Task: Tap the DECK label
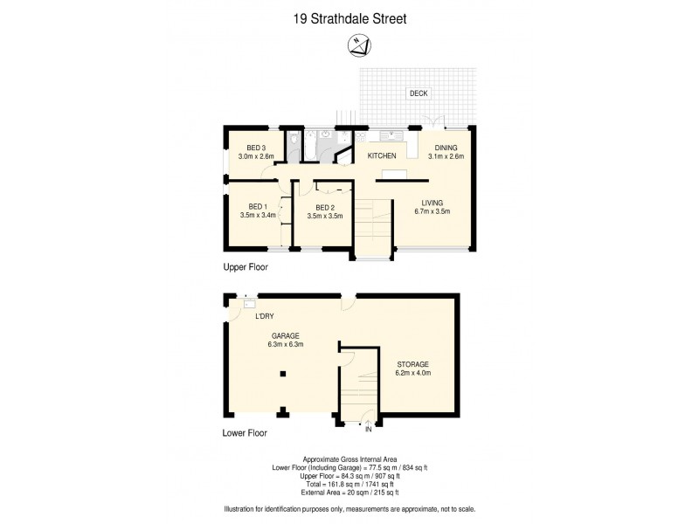tap(419, 93)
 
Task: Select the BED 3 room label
tap(256, 147)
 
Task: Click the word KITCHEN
tap(382, 156)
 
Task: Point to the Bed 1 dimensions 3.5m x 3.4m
tap(258, 215)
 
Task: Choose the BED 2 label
tap(323, 207)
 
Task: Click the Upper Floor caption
tap(245, 267)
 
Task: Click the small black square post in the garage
tap(282, 374)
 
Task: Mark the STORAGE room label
tap(413, 364)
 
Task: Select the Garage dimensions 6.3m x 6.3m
tap(285, 344)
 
